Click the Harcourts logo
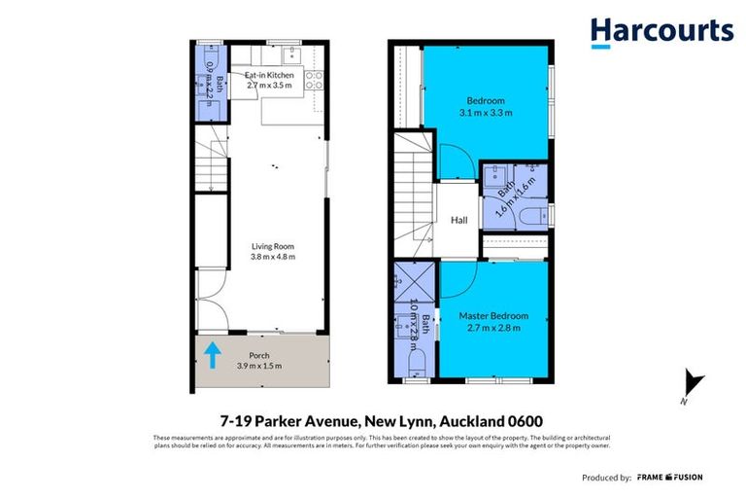click(661, 31)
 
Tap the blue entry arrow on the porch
click(212, 355)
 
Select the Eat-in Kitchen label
click(269, 75)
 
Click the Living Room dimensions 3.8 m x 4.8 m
click(272, 257)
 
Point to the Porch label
click(259, 355)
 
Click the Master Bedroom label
click(494, 316)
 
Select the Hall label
click(459, 221)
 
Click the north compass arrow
click(692, 384)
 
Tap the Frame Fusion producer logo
click(669, 478)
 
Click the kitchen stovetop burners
click(313, 81)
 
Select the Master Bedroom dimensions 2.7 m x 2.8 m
click(494, 328)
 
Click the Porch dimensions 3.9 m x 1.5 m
click(259, 366)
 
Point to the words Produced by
click(607, 478)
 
